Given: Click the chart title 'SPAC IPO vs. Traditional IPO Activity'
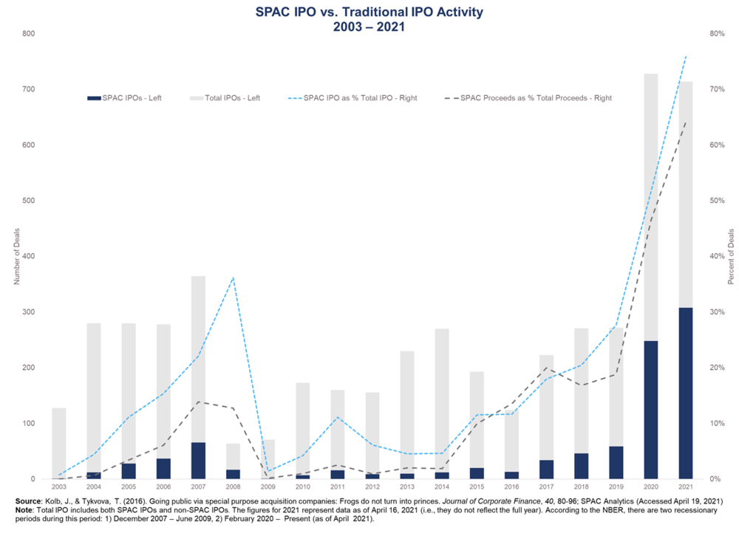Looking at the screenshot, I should pos(369,13).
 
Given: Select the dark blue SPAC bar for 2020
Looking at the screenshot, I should pos(651,409).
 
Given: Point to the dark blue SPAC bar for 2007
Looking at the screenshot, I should pos(198,461).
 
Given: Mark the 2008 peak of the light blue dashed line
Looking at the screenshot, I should pos(233,278).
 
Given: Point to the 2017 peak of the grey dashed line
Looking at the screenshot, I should pos(546,367).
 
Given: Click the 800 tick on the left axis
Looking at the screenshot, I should pos(28,33).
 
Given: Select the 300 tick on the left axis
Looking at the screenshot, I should pos(28,312).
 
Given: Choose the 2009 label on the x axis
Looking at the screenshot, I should pos(268,487).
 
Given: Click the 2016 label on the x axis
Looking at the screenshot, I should pos(511,487).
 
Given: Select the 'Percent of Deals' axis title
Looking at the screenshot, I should pos(730,256).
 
